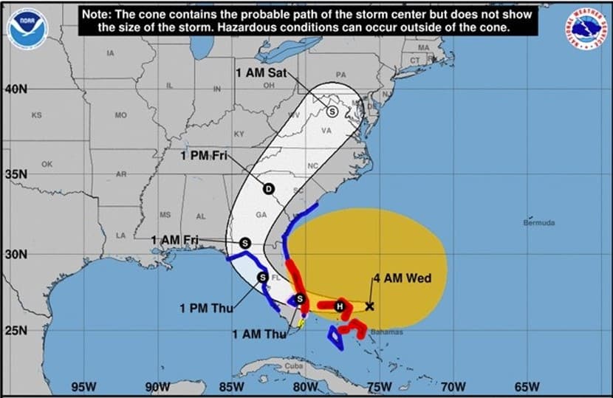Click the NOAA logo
pyautogui.click(x=27, y=28)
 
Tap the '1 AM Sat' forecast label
pyautogui.click(x=260, y=73)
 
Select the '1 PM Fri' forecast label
pyautogui.click(x=204, y=155)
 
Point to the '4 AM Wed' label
pyautogui.click(x=402, y=278)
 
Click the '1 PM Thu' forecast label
pyautogui.click(x=206, y=308)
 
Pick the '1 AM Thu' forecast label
pyautogui.click(x=258, y=334)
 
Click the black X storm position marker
pyautogui.click(x=369, y=306)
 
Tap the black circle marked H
pyautogui.click(x=340, y=306)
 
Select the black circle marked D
pyautogui.click(x=269, y=188)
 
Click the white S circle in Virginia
pyautogui.click(x=332, y=111)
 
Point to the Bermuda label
pyautogui.click(x=538, y=222)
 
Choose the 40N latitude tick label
pyautogui.click(x=16, y=89)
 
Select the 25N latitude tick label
pyautogui.click(x=16, y=329)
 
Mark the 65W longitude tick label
pyautogui.click(x=527, y=386)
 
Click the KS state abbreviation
pyautogui.click(x=37, y=115)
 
